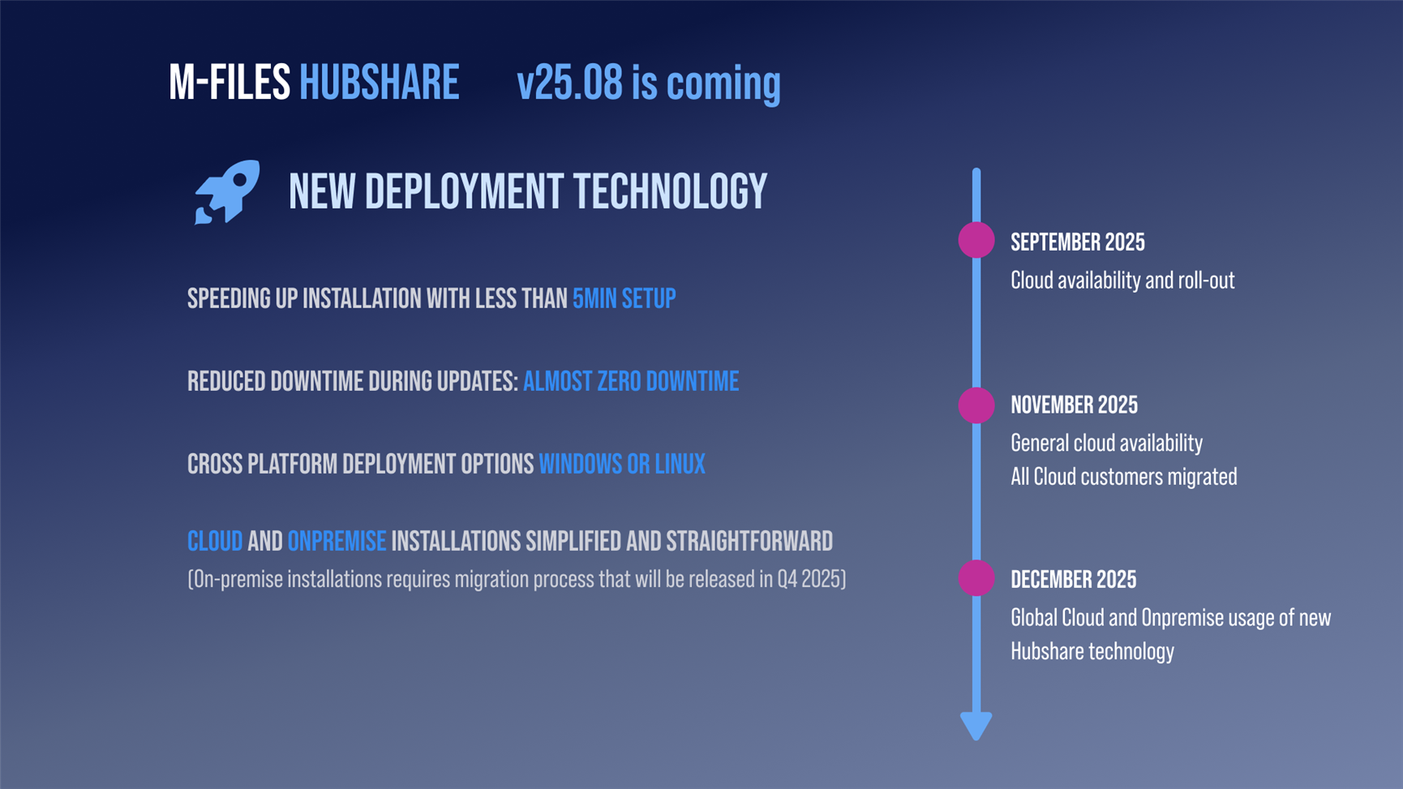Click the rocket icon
click(227, 192)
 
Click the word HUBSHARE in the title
click(379, 83)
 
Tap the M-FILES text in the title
click(230, 83)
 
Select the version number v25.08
click(570, 83)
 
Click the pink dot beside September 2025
click(976, 240)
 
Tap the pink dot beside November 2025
click(976, 405)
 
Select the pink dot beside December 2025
click(976, 578)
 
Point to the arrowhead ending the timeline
click(976, 726)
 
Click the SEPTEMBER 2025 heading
click(1078, 242)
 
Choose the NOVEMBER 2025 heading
click(1075, 405)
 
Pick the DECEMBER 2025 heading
click(1074, 579)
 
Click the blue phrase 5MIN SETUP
click(624, 298)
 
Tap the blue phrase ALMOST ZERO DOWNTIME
click(631, 381)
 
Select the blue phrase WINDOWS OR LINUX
click(622, 464)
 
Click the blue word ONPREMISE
click(337, 541)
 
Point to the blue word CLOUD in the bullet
click(215, 541)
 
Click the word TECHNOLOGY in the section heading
click(671, 192)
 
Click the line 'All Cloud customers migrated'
click(1124, 476)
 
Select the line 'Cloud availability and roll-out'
click(1122, 280)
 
